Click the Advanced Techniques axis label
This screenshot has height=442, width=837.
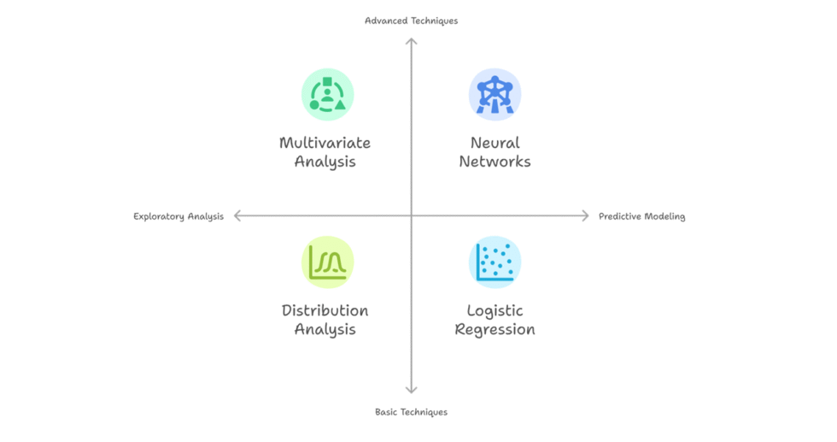[411, 21]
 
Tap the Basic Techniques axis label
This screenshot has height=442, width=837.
[411, 412]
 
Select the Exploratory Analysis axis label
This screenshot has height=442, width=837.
[179, 216]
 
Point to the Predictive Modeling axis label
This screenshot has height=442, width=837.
[641, 216]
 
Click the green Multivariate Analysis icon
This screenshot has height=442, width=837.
[327, 94]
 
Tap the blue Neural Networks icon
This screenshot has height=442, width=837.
[495, 94]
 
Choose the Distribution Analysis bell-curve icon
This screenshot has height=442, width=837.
[327, 262]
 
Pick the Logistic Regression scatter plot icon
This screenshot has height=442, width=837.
[495, 262]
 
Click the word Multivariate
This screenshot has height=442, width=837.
[325, 143]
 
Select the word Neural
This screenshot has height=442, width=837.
[495, 143]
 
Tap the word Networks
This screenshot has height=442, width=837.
[495, 162]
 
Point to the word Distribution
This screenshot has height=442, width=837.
[325, 310]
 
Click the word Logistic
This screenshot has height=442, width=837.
[495, 310]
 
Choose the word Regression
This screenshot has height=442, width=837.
[495, 329]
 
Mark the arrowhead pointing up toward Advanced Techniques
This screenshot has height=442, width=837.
[411, 41]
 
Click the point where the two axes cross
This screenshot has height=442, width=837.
[411, 216]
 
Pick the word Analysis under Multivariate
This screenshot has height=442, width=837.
[325, 162]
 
